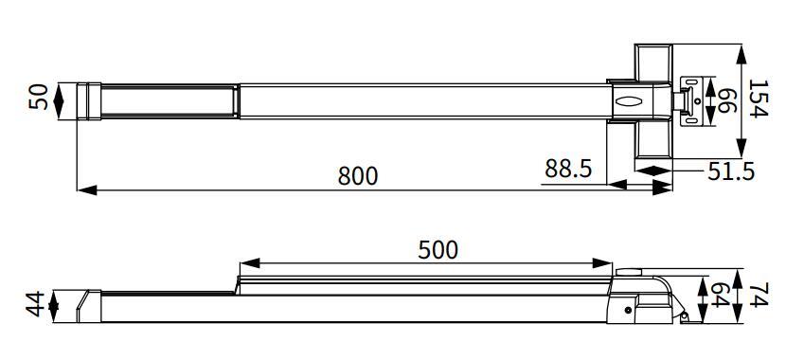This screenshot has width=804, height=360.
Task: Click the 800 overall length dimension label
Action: (x=357, y=175)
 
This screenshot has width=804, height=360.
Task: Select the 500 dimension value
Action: (x=438, y=249)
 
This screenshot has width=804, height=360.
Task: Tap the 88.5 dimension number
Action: (x=568, y=169)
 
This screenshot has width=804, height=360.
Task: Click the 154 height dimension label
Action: (x=758, y=99)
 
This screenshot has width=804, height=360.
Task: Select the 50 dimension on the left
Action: (x=38, y=98)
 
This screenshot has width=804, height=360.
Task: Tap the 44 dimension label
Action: (x=35, y=305)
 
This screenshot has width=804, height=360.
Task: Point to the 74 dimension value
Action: (x=758, y=296)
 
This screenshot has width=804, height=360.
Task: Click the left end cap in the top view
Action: (x=88, y=100)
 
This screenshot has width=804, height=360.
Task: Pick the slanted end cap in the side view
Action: (x=89, y=306)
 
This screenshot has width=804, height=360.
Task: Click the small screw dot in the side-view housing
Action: (x=628, y=310)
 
